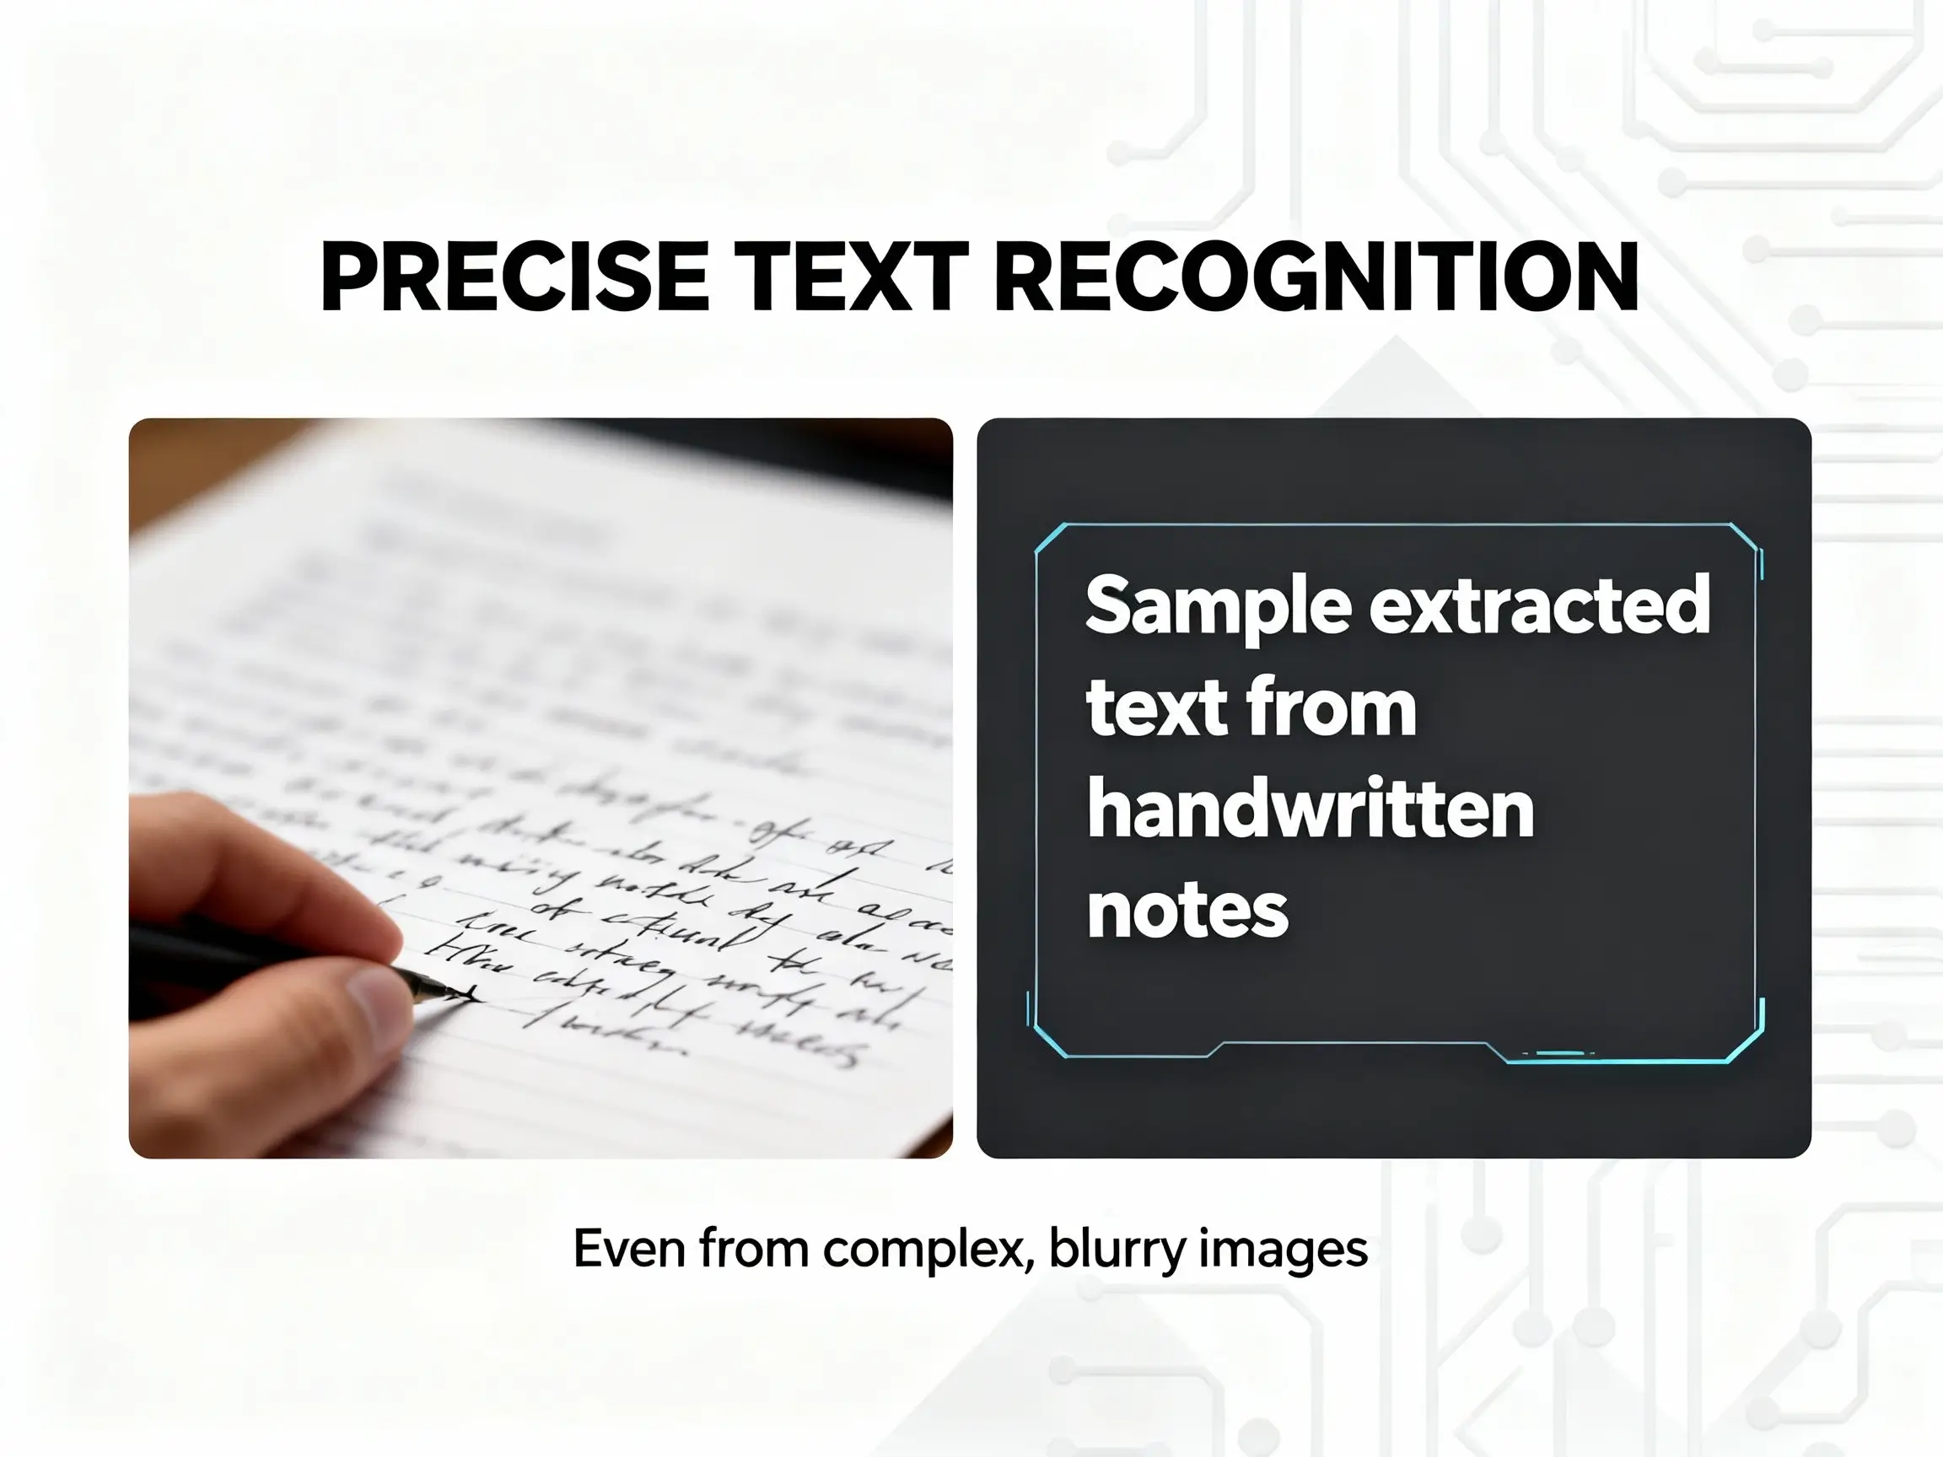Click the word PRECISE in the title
coord(514,277)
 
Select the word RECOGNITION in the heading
coord(1315,277)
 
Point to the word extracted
coord(1539,606)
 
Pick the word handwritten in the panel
coord(1311,809)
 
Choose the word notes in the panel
coord(1187,911)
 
